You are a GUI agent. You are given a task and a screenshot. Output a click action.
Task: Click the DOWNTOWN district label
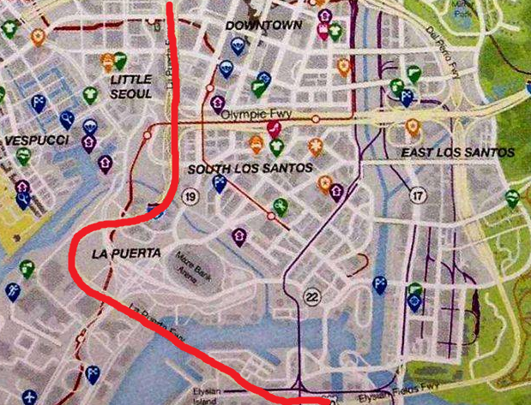pos(263,25)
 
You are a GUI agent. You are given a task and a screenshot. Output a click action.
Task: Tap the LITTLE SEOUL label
pos(131,86)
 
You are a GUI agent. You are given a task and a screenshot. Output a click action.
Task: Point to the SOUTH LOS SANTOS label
pos(250,169)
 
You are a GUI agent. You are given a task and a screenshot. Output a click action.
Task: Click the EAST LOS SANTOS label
pos(458,152)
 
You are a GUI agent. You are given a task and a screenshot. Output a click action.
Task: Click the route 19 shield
pos(190,199)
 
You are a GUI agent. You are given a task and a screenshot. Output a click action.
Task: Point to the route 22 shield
pos(312,296)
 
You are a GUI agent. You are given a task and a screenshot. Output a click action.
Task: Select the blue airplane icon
pos(31,397)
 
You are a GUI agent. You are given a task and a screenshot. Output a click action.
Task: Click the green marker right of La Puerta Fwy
pos(280,205)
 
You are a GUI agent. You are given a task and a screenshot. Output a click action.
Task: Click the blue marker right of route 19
pos(220,182)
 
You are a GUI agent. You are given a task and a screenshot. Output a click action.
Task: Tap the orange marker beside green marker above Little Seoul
pos(107,62)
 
